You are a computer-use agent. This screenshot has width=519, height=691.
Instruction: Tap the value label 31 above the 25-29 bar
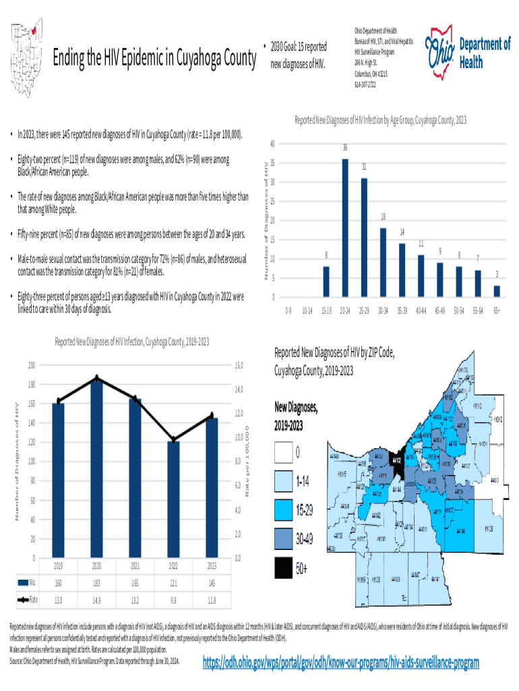364,167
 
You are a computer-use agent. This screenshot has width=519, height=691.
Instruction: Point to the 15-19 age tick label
326,312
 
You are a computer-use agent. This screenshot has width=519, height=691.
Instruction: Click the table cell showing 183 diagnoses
97,582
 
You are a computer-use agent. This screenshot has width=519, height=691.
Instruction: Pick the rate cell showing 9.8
174,599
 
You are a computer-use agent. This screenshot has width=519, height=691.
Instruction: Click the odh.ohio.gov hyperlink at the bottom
341,663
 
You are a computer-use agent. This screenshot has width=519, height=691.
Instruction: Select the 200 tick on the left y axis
32,365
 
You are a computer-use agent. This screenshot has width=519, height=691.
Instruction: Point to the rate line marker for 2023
212,416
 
